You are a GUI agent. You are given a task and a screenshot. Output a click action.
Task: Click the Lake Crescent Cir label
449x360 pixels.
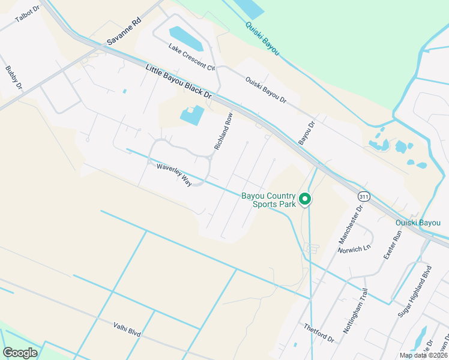pyautogui.click(x=191, y=57)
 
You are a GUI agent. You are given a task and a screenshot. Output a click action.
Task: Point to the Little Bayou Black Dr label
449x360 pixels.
pyautogui.click(x=179, y=83)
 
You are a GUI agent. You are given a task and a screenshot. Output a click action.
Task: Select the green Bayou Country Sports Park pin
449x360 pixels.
pyautogui.click(x=305, y=199)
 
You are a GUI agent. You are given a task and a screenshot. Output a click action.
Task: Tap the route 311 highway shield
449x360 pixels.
pyautogui.click(x=363, y=196)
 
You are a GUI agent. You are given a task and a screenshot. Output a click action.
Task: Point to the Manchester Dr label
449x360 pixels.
pyautogui.click(x=351, y=224)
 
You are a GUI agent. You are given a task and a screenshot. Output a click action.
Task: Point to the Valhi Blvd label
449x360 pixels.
pyautogui.click(x=127, y=331)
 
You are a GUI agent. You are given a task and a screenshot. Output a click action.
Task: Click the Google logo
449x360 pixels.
pyautogui.click(x=20, y=353)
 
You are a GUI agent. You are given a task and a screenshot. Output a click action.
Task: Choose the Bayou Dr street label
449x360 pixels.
pyautogui.click(x=307, y=133)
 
